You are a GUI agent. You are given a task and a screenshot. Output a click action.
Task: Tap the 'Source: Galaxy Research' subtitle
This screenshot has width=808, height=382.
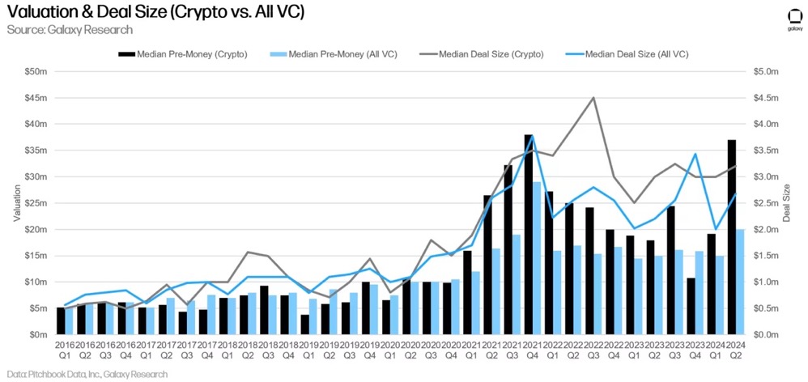tap(69, 30)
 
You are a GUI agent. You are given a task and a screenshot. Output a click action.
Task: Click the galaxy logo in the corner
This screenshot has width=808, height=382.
tap(794, 19)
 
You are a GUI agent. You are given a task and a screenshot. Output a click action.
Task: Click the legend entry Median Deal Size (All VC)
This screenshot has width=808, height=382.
tap(636, 54)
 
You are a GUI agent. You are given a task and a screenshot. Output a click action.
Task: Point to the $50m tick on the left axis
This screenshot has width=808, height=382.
tap(36, 72)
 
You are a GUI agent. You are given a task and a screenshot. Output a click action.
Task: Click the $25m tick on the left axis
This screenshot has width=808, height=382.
tap(36, 203)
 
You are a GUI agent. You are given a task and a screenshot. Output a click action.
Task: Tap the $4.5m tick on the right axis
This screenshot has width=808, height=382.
tap(765, 98)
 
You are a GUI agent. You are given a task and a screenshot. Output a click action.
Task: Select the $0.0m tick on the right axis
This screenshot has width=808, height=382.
tap(765, 334)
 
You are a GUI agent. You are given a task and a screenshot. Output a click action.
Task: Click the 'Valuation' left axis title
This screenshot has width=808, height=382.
tap(17, 203)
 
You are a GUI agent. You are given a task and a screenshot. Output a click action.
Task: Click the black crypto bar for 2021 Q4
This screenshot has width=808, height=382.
tap(528, 235)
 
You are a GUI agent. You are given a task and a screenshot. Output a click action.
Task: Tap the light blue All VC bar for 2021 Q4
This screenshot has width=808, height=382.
tap(537, 258)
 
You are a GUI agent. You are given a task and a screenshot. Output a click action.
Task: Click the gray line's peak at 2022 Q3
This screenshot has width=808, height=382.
tap(593, 98)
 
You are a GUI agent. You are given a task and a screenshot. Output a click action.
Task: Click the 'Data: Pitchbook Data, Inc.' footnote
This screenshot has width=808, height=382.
tap(84, 374)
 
